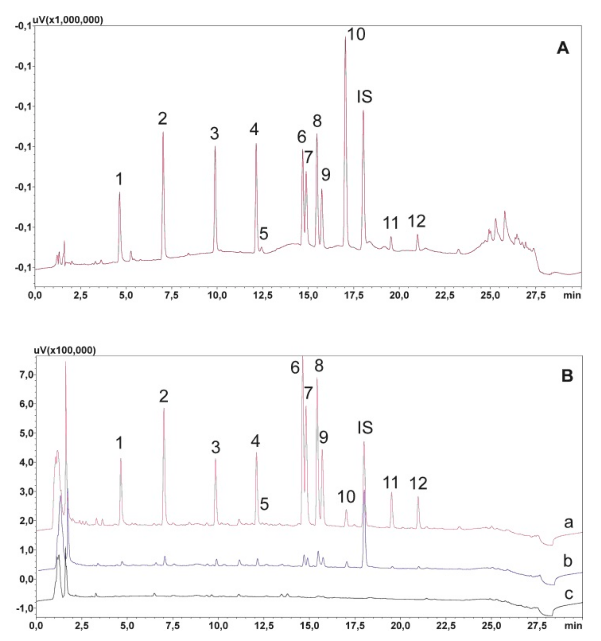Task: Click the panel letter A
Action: click(563, 48)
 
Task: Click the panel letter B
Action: click(567, 376)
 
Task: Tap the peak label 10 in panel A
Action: click(356, 34)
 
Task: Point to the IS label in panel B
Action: click(365, 428)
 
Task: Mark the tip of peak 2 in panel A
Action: click(163, 131)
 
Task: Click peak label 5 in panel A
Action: click(264, 234)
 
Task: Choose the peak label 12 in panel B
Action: click(418, 483)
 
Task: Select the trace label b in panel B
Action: click(568, 561)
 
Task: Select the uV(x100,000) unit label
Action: click(65, 351)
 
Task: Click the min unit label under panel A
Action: click(572, 295)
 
